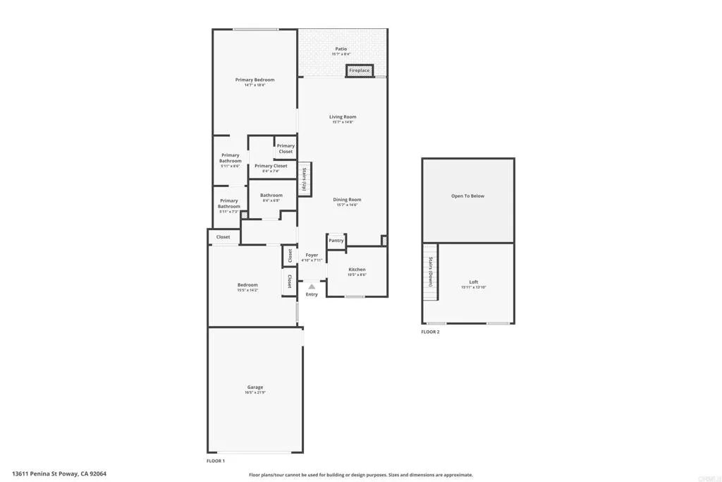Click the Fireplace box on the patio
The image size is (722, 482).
click(359, 71)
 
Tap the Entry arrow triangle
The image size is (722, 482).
click(312, 287)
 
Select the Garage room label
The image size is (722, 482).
click(255, 387)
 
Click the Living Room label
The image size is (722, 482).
click(343, 117)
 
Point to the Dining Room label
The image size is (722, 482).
click(347, 200)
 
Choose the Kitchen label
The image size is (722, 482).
click(357, 270)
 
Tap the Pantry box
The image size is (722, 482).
click(336, 241)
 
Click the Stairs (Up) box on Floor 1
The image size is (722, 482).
click(304, 179)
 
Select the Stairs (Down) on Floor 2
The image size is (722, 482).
click(430, 271)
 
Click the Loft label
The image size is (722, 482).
click(474, 282)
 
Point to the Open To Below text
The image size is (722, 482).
click(468, 196)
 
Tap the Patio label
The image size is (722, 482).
click(341, 49)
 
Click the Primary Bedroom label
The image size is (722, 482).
click(255, 80)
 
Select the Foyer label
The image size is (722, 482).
click(312, 255)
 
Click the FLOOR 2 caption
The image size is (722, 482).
click(430, 332)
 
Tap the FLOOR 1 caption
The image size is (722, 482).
click(215, 461)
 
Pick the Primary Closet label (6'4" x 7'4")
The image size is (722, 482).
click(271, 166)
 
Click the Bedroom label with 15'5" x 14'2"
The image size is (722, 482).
click(247, 285)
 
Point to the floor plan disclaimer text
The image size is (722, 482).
click(361, 475)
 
